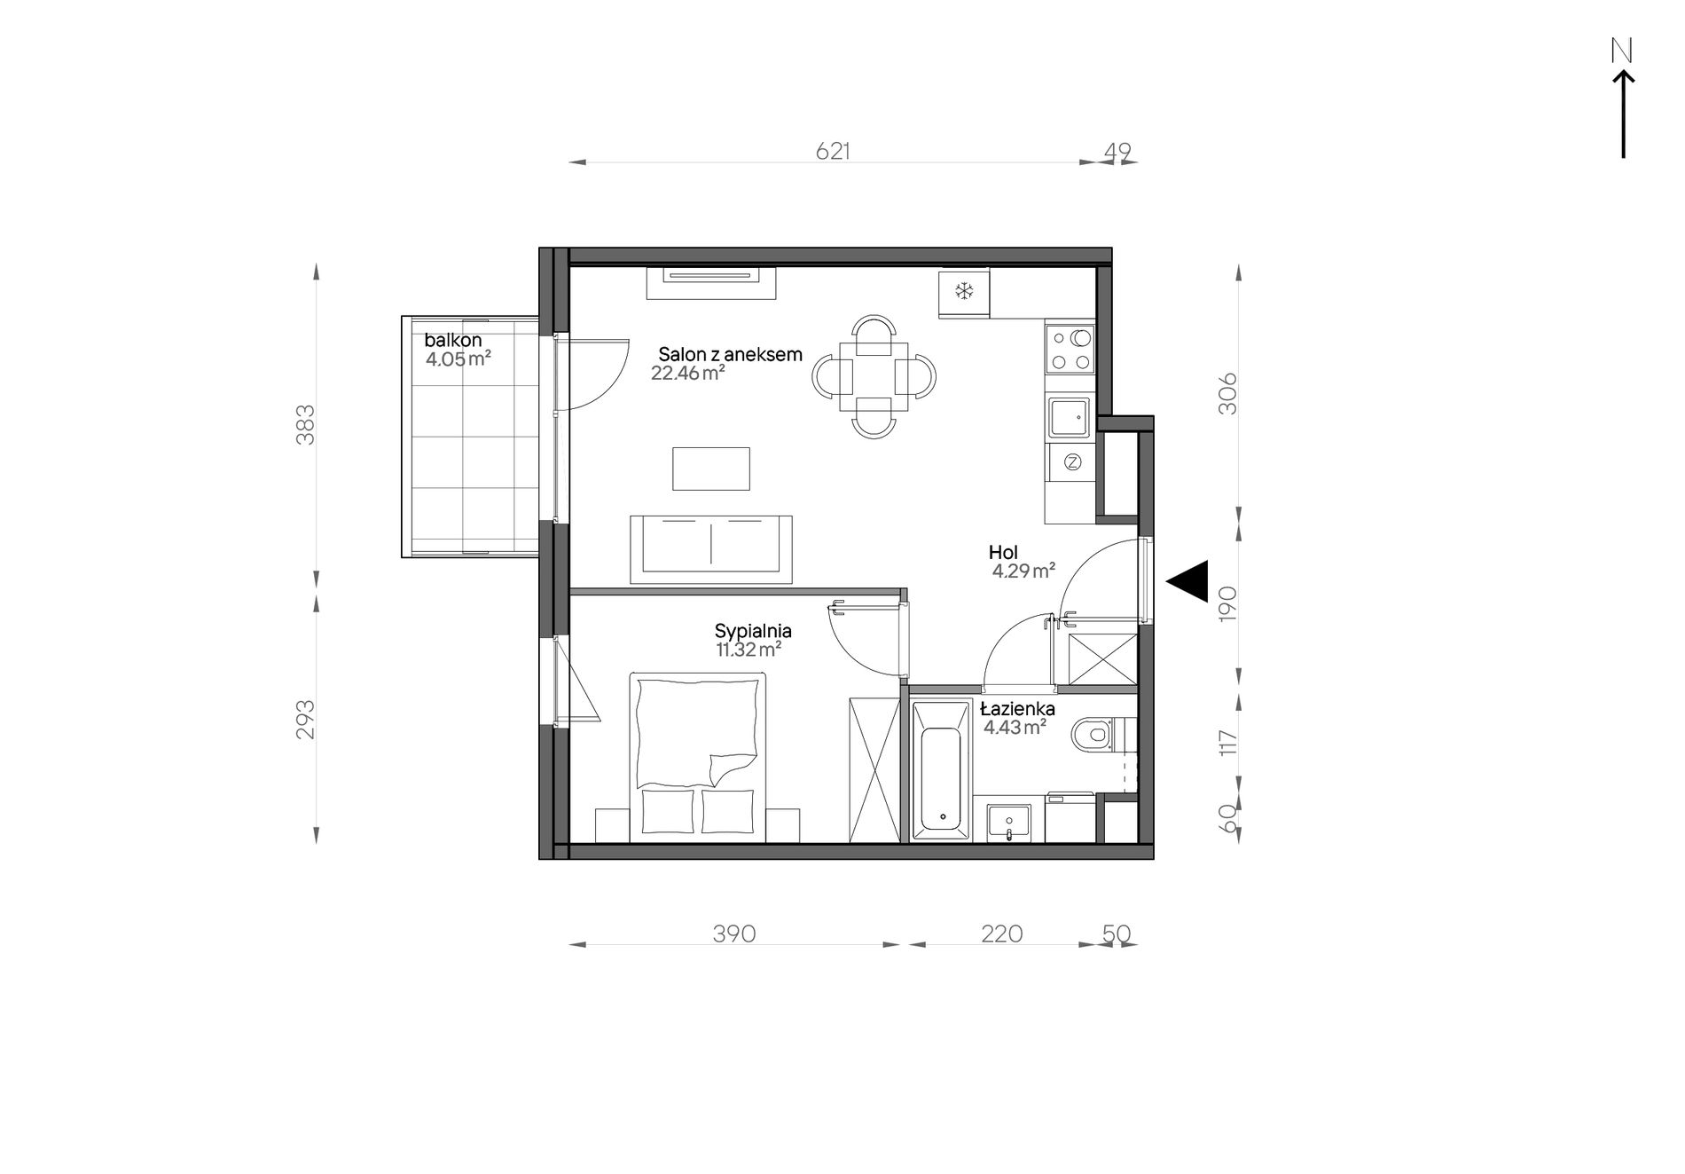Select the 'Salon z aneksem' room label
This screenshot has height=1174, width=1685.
tap(730, 355)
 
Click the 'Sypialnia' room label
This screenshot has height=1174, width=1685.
tap(753, 632)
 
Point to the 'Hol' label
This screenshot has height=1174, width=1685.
tap(1003, 553)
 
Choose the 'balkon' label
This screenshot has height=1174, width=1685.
tap(453, 340)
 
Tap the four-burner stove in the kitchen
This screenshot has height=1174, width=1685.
tap(1070, 349)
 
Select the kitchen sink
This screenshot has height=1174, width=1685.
tap(1070, 418)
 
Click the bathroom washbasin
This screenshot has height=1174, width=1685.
tap(1009, 822)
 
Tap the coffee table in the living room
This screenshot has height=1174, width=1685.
tap(711, 469)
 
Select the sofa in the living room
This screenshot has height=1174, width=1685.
tap(711, 549)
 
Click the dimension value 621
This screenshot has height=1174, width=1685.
tap(833, 152)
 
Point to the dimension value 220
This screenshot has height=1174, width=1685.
tap(1001, 934)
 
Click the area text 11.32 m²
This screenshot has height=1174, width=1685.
tap(748, 650)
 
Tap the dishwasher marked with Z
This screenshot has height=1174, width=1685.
tap(1072, 461)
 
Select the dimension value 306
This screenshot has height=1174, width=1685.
tap(1227, 394)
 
